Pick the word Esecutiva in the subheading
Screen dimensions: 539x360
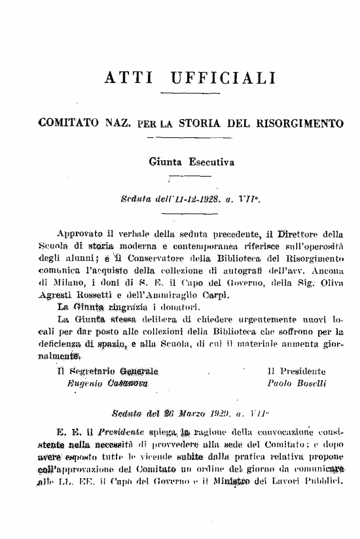click(x=210, y=160)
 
